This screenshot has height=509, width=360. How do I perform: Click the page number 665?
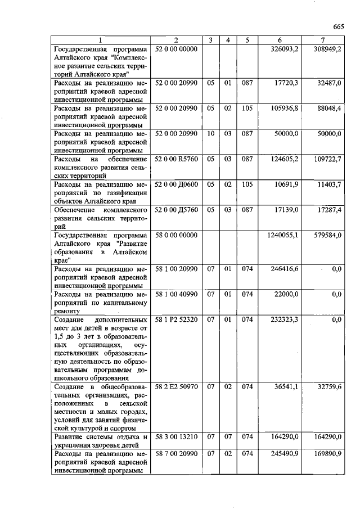[337, 26]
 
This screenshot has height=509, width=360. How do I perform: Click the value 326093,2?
[285, 49]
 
